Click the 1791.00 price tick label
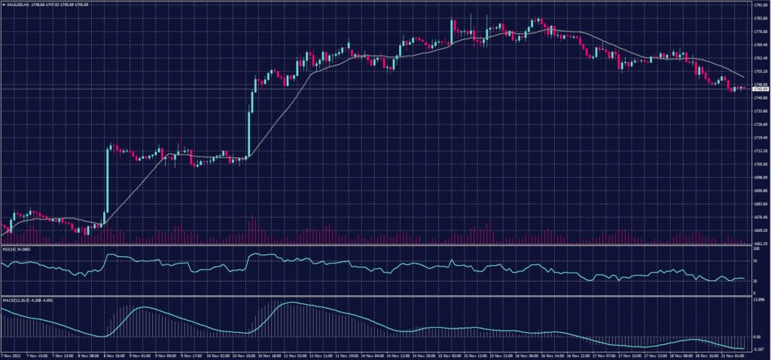(760, 5)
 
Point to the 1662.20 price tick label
(760, 243)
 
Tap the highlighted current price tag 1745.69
(759, 89)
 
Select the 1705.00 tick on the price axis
(760, 164)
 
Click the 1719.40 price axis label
(760, 138)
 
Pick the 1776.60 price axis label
(760, 32)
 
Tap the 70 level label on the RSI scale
(755, 259)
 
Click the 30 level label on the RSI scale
(755, 281)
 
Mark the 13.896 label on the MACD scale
(759, 299)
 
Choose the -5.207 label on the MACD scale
(759, 349)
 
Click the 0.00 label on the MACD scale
(757, 337)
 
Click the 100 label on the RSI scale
(756, 249)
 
